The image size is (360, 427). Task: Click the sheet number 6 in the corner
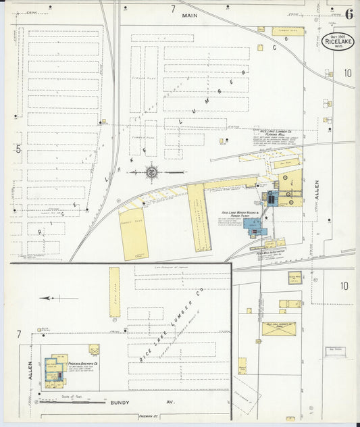[x=349, y=14]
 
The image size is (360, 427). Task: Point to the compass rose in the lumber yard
[x=153, y=172]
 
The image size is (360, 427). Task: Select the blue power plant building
[x=255, y=228]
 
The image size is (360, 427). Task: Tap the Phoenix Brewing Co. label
[x=84, y=362]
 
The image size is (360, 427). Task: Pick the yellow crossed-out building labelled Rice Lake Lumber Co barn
[x=280, y=328]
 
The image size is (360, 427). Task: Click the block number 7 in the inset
[x=19, y=334]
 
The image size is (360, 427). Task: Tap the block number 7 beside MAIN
[x=173, y=9]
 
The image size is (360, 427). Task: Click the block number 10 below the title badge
[x=347, y=73]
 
